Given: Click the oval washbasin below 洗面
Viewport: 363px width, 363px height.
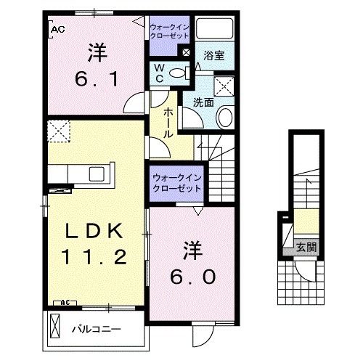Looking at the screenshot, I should coord(226,117).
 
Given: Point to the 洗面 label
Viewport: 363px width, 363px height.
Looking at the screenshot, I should coord(203,102).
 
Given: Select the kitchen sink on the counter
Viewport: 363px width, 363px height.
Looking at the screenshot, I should coord(97,174).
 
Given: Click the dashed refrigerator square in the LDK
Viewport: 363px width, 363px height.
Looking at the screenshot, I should coord(58,133).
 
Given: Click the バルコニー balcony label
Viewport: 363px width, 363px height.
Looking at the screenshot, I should coord(97,328).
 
